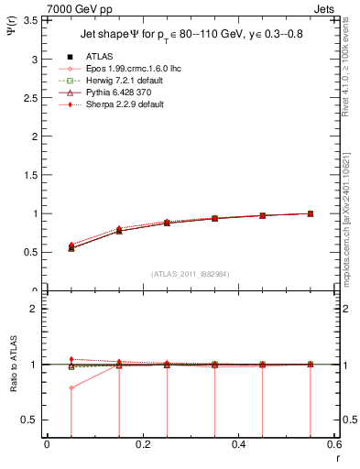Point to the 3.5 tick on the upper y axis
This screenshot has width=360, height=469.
tap(31, 19)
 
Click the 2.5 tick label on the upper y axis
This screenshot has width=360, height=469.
tap(31, 97)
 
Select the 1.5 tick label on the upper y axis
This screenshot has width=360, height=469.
tap(31, 175)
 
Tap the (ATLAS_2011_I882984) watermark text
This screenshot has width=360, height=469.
tap(191, 274)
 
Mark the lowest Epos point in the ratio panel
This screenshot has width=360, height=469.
tap(71, 387)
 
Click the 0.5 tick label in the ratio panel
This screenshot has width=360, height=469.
tap(31, 420)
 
